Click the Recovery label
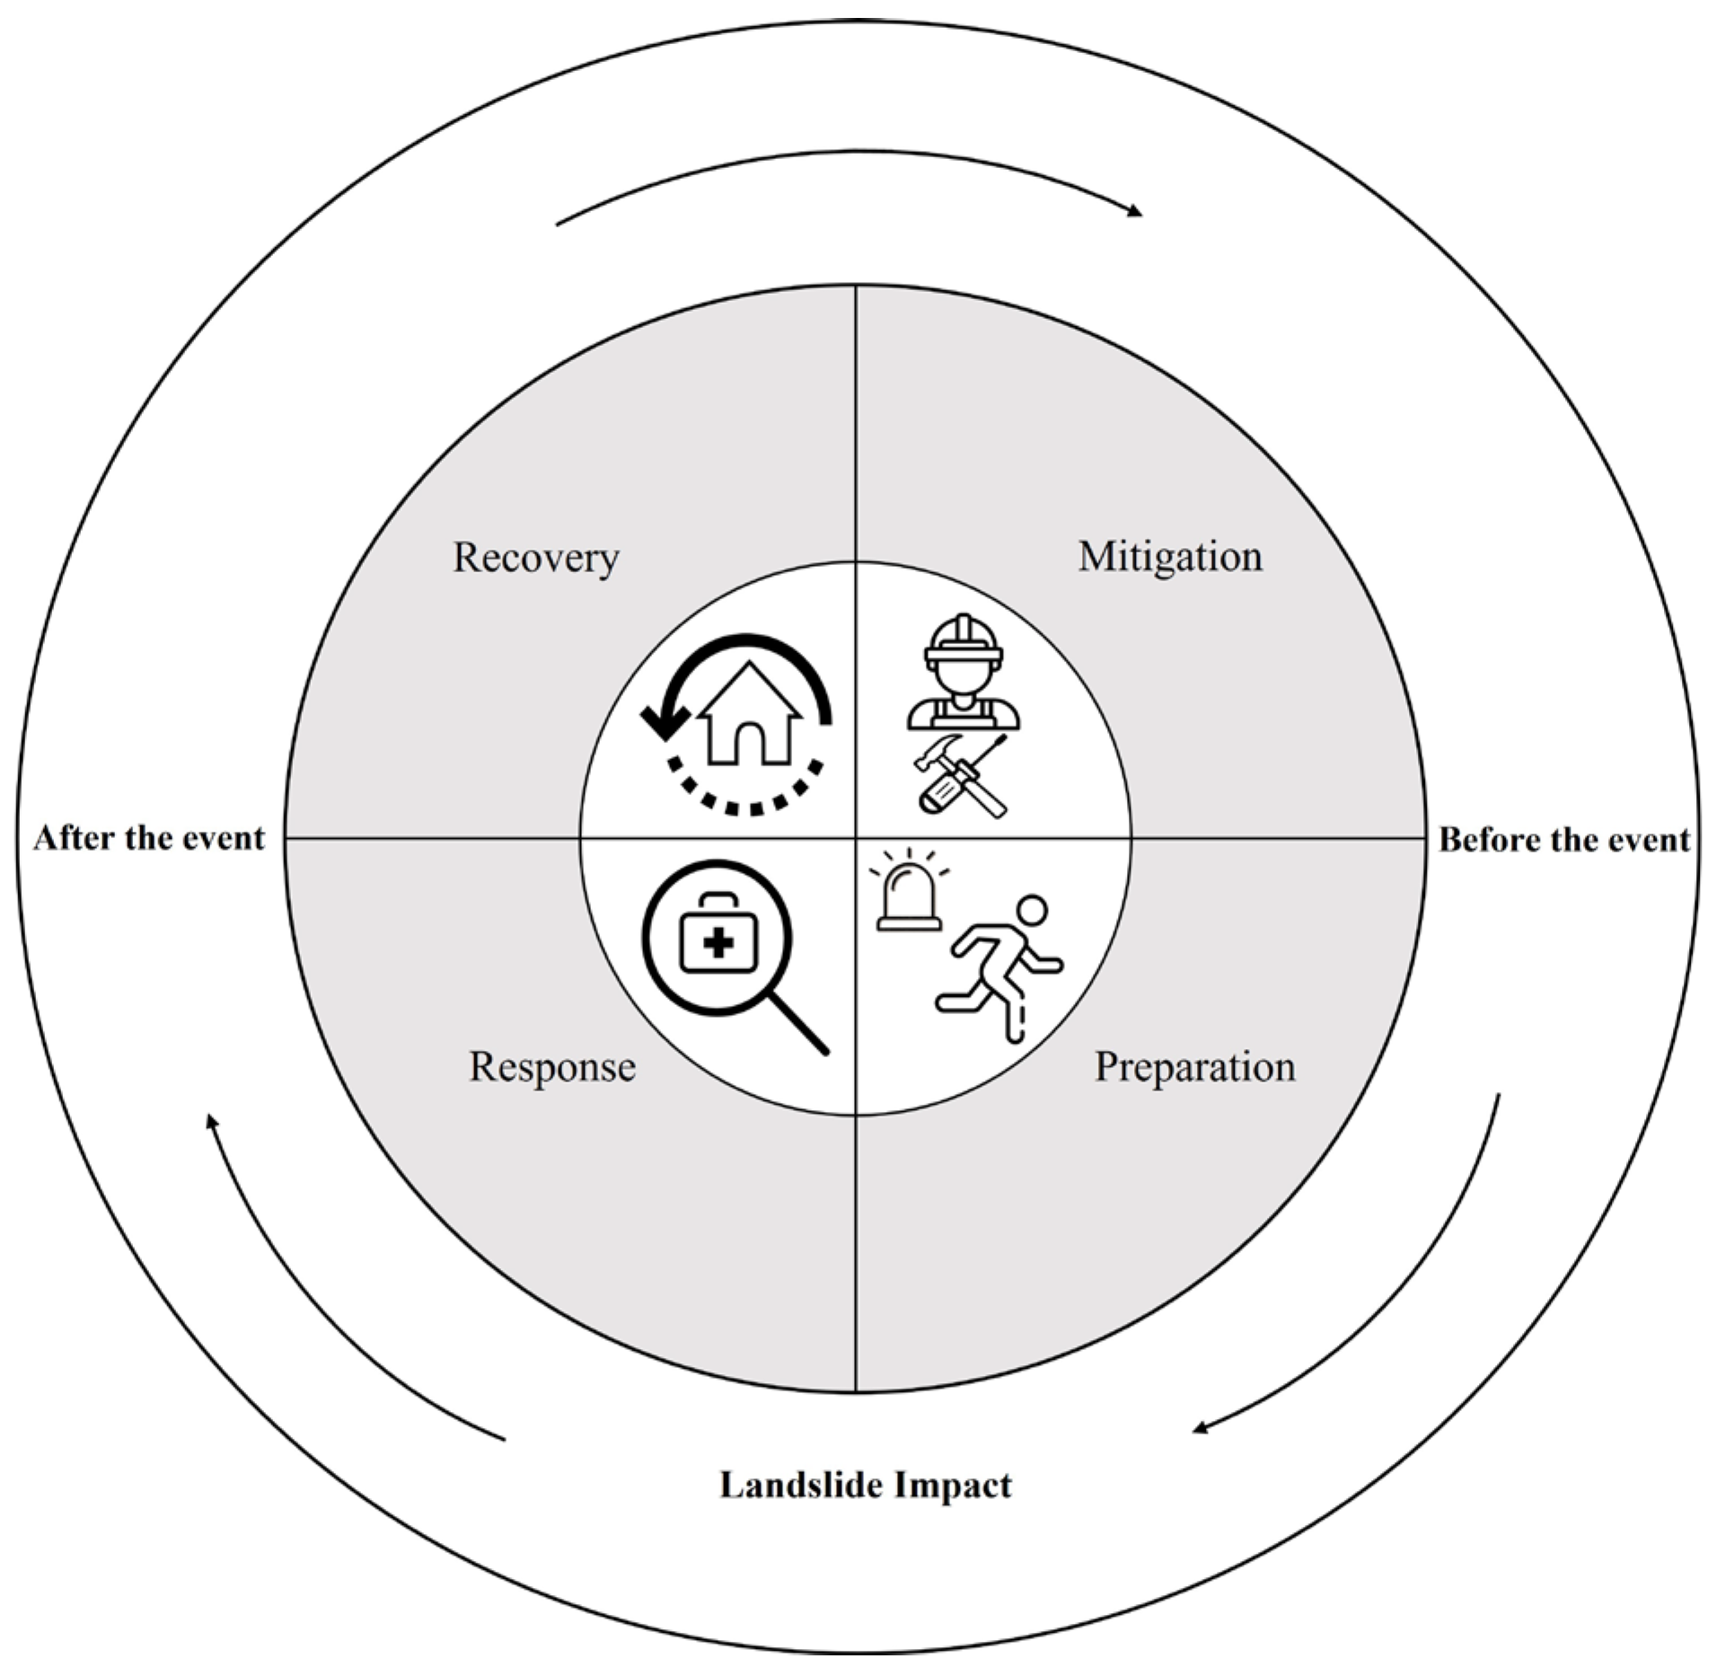point(535,558)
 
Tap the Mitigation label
point(1169,556)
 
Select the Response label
point(551,1067)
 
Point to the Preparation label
point(1194,1067)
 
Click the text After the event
point(149,838)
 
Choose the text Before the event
point(1564,840)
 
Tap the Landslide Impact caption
point(865,1486)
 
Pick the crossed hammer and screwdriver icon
point(961,774)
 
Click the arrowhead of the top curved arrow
point(1135,212)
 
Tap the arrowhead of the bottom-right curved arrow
point(1200,1428)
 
